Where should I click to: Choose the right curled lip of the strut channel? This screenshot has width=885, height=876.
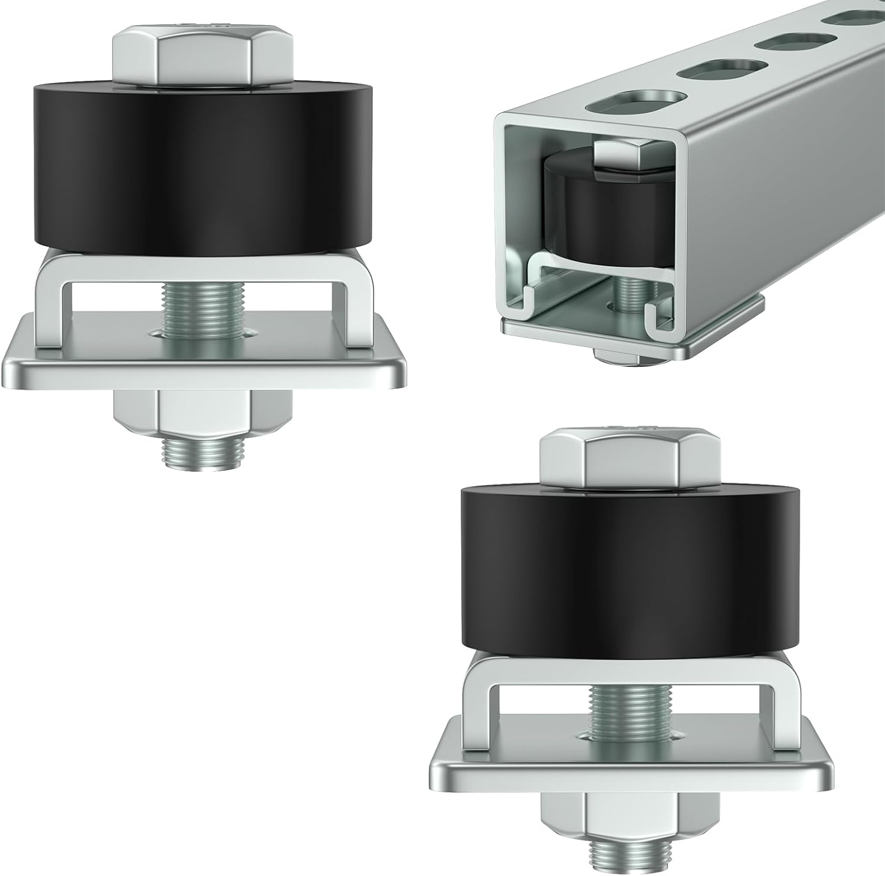[x=660, y=313]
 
